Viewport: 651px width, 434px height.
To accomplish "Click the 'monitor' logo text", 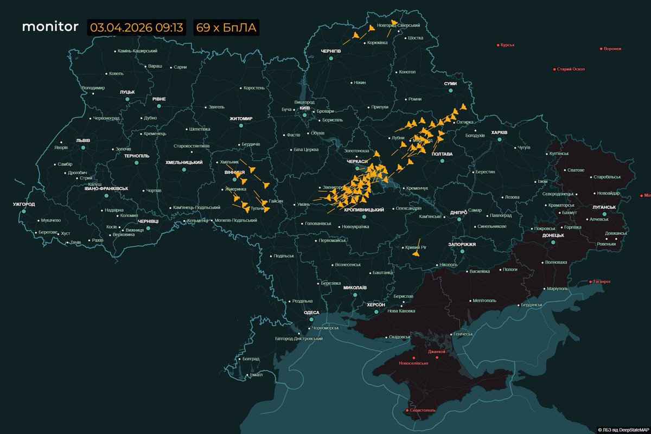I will click(50, 28).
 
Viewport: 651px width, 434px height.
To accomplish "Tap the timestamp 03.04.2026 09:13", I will click(136, 28).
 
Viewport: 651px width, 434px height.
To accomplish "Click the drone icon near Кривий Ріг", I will click(416, 253).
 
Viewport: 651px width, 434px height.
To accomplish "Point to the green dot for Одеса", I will click(311, 320).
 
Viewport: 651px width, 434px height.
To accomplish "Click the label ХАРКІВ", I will click(499, 132).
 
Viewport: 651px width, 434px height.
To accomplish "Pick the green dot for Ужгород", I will click(24, 212).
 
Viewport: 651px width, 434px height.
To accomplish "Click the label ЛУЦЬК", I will click(127, 92).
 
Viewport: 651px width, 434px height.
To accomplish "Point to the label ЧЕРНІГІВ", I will click(330, 50).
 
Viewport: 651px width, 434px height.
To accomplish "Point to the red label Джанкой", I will click(436, 352).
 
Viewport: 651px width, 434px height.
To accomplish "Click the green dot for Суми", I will click(450, 91).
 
